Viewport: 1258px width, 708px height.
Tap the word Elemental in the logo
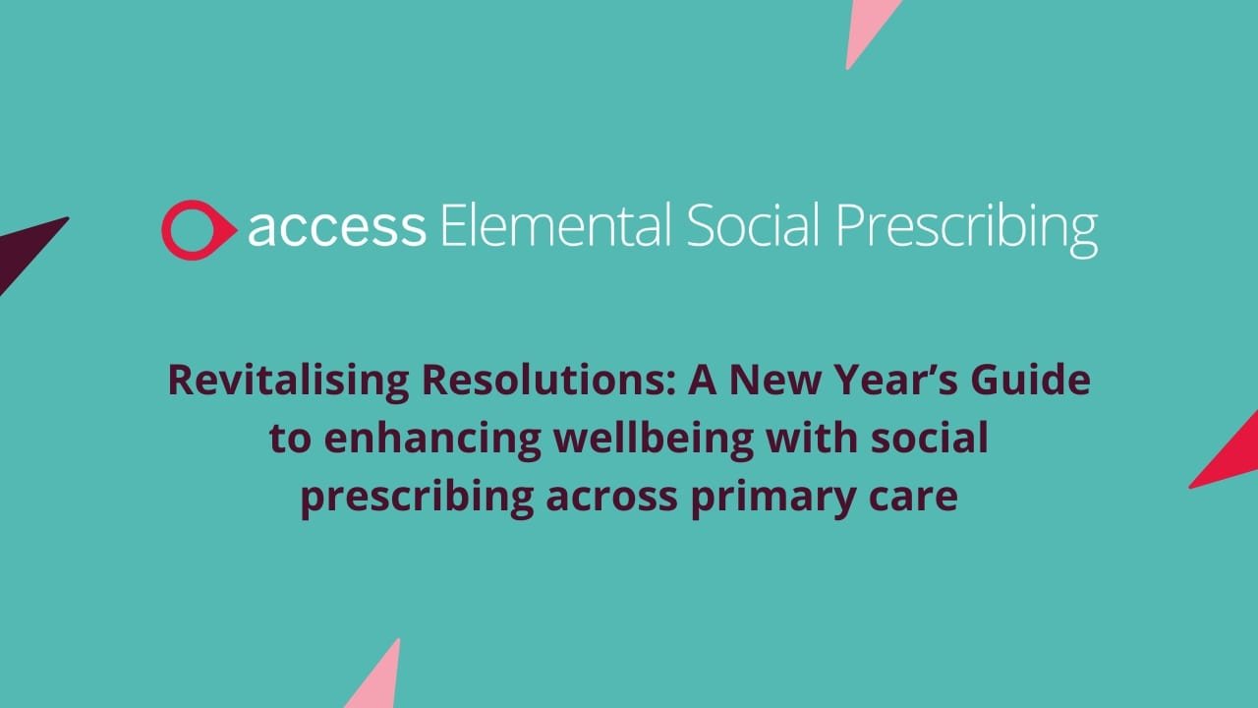coord(556,225)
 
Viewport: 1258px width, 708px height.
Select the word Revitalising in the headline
coord(289,382)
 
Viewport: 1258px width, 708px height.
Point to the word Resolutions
coord(548,381)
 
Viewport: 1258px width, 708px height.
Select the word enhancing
coord(432,440)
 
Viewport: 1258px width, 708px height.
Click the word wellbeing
coord(655,440)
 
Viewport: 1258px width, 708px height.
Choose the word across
coord(612,499)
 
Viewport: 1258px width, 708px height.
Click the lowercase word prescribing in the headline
coord(418,499)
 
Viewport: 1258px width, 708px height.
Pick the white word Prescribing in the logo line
coord(966,227)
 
